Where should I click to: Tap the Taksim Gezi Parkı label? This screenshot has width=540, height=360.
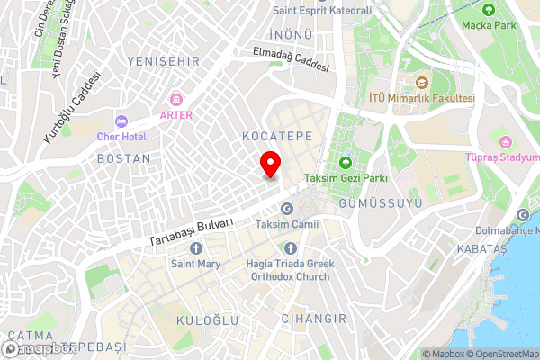[346, 178]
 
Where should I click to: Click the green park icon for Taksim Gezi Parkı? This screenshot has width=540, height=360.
[346, 163]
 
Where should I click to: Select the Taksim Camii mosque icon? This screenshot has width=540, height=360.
[286, 209]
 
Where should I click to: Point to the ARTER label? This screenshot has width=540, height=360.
[175, 115]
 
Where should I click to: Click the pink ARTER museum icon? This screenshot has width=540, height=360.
[175, 100]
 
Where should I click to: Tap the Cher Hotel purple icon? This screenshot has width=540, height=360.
[121, 121]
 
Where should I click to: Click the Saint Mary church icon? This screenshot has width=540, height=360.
[195, 248]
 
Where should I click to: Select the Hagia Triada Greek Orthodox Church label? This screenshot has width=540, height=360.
[290, 270]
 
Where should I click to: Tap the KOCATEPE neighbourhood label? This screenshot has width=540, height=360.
[277, 135]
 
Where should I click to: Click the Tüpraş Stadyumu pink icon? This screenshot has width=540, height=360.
[504, 142]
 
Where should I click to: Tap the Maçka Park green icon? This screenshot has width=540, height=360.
[488, 10]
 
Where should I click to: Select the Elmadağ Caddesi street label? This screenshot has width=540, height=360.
[291, 61]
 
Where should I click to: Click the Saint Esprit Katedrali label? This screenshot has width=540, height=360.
[321, 10]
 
